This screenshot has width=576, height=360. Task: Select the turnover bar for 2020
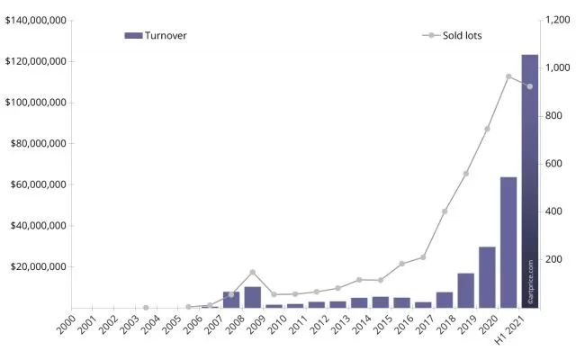[508, 242]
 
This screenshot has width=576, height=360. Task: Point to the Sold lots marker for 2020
[508, 76]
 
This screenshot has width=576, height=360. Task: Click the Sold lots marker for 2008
[252, 272]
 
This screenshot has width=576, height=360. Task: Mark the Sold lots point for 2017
[445, 211]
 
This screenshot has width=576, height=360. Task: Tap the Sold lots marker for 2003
[146, 307]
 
